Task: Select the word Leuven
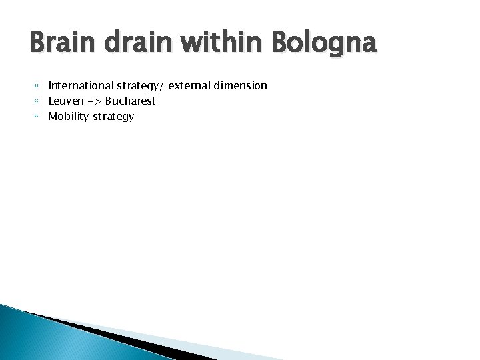click(x=66, y=101)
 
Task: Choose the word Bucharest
click(x=130, y=101)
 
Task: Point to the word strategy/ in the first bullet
click(x=139, y=86)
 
